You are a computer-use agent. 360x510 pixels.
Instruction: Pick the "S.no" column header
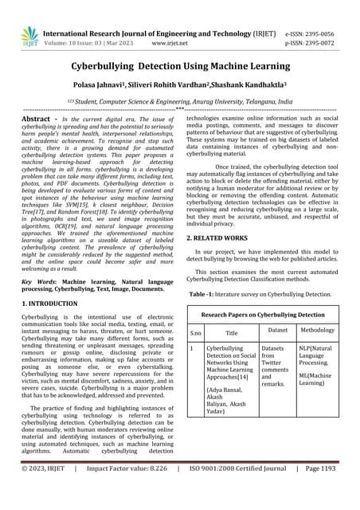196,333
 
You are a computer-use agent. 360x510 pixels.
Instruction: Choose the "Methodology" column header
317,328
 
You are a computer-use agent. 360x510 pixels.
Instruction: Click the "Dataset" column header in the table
277,328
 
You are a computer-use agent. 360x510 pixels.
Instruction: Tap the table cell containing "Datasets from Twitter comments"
276,367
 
